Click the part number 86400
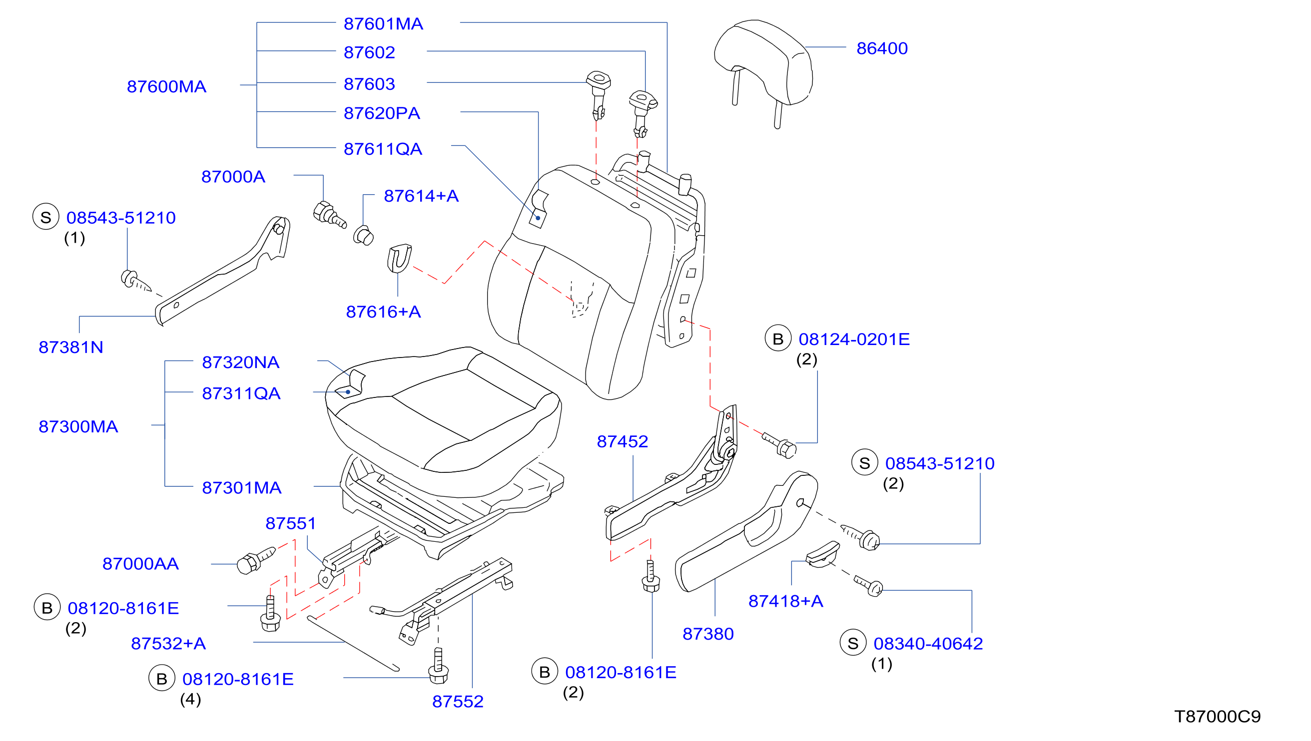pos(882,48)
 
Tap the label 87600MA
pos(166,86)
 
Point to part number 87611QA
pos(383,149)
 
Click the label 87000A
pos(233,177)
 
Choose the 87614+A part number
pos(421,196)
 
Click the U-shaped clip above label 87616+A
pos(399,259)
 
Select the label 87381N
pos(71,347)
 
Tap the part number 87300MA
pos(78,426)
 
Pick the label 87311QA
pos(241,393)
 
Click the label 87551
pos(291,523)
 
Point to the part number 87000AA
pos(140,564)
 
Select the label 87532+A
pos(168,644)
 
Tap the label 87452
pos(622,442)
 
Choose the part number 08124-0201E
pos(854,340)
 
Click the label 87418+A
pos(785,601)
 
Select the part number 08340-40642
pos(928,644)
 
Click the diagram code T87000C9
pos(1217,717)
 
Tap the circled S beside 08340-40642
pos(853,643)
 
